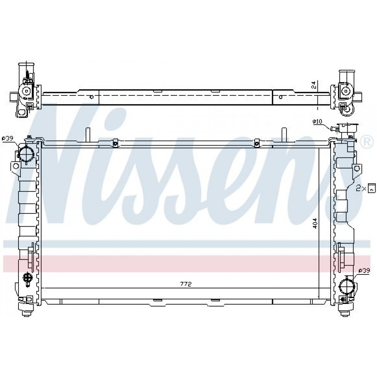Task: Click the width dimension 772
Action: pos(185,284)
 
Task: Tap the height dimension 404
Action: pos(315,223)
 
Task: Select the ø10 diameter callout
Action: pos(317,122)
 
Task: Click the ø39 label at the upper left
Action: pos(7,138)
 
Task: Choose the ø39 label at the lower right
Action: pos(364,270)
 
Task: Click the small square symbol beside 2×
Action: pos(372,188)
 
